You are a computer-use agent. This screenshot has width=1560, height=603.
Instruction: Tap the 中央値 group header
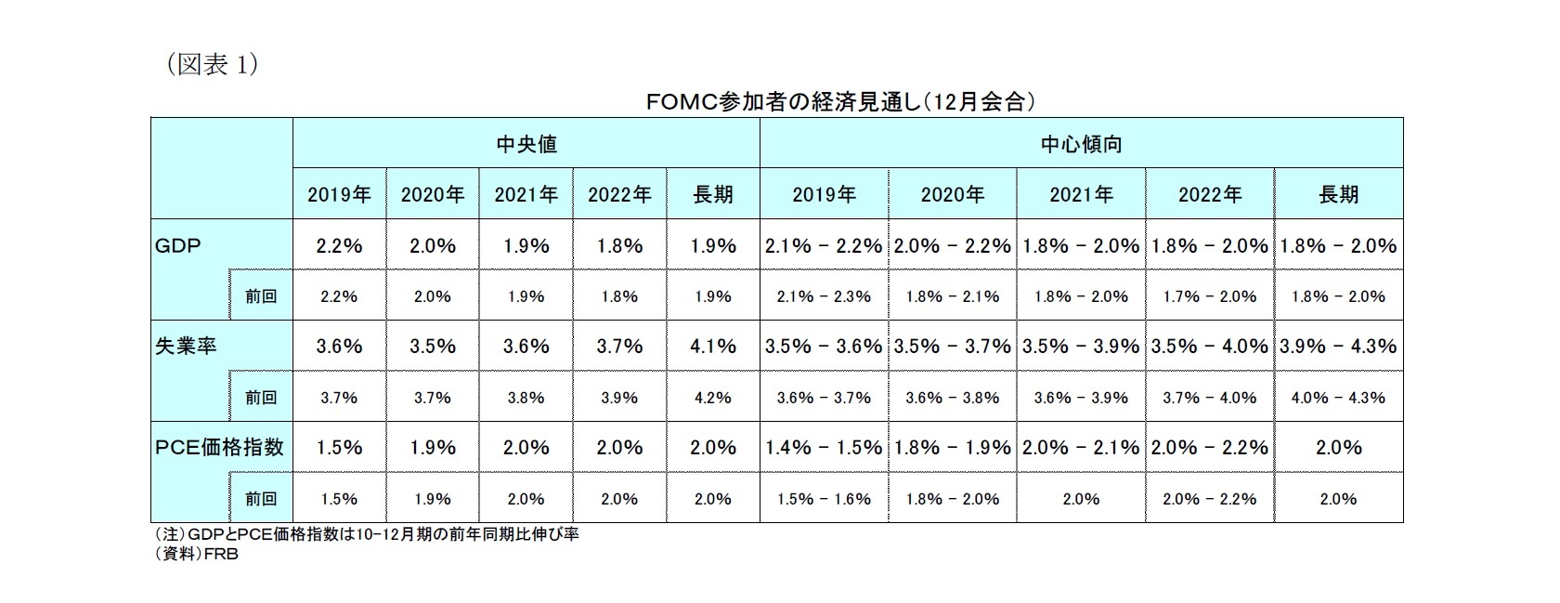click(x=526, y=144)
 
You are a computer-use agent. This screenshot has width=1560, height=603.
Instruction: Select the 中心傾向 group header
click(x=1081, y=144)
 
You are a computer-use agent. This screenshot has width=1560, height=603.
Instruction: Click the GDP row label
click(x=178, y=245)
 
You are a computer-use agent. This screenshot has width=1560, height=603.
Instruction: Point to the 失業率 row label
click(x=187, y=347)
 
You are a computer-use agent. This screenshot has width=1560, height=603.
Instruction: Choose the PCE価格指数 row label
click(x=219, y=447)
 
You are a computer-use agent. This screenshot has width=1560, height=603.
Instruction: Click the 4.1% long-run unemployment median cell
click(x=713, y=347)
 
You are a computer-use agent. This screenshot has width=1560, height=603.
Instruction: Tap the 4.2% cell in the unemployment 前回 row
click(x=713, y=398)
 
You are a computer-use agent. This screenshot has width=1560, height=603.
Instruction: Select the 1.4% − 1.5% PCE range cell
click(x=824, y=447)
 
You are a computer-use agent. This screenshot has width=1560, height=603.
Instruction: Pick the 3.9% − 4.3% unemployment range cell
click(x=1338, y=347)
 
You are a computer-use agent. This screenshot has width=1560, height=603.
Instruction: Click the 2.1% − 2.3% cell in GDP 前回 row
click(x=824, y=296)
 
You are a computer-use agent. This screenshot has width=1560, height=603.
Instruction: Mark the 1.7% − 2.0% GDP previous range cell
click(x=1210, y=296)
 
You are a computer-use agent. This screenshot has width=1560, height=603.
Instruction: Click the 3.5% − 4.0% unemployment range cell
click(x=1210, y=347)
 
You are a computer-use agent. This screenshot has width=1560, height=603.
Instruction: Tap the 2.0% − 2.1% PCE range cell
click(x=1081, y=447)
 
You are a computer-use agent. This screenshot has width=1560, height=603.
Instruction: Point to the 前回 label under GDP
click(x=261, y=296)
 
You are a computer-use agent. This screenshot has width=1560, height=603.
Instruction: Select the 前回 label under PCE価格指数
click(x=261, y=499)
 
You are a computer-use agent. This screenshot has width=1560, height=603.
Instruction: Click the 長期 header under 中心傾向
click(x=1338, y=194)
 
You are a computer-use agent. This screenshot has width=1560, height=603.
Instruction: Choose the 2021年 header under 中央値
click(x=526, y=194)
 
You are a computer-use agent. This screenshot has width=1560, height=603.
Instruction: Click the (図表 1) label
click(x=212, y=66)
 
